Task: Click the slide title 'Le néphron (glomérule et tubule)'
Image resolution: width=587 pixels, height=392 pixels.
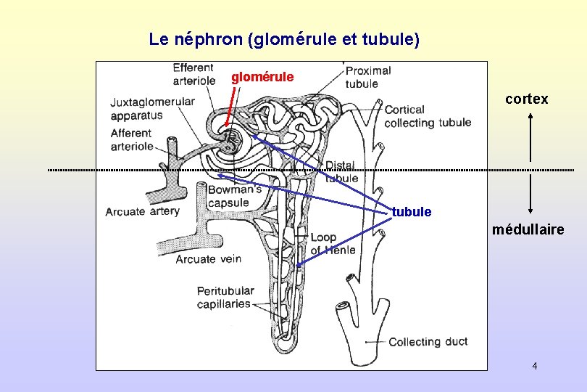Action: click(x=284, y=39)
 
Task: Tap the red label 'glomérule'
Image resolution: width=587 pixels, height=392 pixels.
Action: click(x=262, y=76)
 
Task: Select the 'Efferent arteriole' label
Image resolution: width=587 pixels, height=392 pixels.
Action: click(x=194, y=74)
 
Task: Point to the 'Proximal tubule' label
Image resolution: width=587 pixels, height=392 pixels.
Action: click(x=368, y=77)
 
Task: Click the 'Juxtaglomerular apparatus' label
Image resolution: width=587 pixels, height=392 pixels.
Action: click(x=152, y=108)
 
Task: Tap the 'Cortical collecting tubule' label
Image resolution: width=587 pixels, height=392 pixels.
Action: click(x=428, y=116)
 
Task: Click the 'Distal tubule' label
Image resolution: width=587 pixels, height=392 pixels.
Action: click(x=341, y=172)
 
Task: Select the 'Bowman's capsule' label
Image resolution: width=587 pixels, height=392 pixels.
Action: click(x=234, y=196)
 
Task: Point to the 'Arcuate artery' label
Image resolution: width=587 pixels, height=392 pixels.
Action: click(x=142, y=212)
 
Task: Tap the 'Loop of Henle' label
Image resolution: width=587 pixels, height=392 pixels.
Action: click(x=333, y=244)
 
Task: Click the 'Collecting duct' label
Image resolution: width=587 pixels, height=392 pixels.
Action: click(x=428, y=341)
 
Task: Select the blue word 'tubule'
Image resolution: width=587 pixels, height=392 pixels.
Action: click(x=411, y=212)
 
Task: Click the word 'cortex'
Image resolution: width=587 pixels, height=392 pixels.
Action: click(x=527, y=99)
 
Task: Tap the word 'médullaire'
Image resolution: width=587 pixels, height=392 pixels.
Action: click(x=528, y=230)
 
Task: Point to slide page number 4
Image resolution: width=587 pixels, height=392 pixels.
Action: click(x=534, y=366)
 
